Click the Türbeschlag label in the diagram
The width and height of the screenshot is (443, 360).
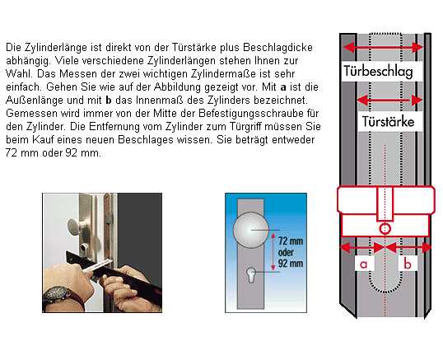[378, 71]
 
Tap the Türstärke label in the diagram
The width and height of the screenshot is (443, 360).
[388, 122]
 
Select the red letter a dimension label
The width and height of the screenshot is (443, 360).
[364, 264]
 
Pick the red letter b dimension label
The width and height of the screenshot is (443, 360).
[408, 264]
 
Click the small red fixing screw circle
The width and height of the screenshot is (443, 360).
[385, 228]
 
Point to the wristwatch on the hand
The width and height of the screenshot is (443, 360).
[58, 295]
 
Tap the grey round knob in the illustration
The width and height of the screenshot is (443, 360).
[250, 230]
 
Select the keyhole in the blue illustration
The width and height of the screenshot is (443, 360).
[251, 274]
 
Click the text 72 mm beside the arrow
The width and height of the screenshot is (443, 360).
[291, 241]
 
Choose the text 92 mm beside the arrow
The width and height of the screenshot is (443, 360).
[291, 264]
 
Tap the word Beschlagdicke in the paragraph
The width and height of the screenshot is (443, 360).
[277, 47]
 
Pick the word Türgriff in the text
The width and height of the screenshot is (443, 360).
[252, 127]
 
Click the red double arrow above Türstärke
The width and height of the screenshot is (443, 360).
[389, 100]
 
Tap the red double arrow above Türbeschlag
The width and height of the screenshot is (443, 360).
[383, 47]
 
